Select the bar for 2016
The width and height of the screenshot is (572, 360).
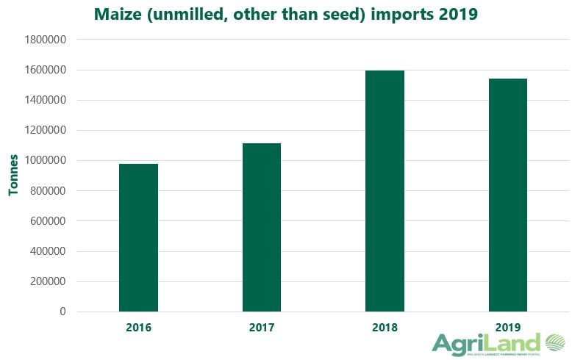click(x=138, y=237)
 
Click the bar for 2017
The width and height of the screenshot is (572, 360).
click(x=262, y=227)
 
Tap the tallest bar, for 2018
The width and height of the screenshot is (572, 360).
click(x=385, y=191)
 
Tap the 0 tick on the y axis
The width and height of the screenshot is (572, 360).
click(x=62, y=312)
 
